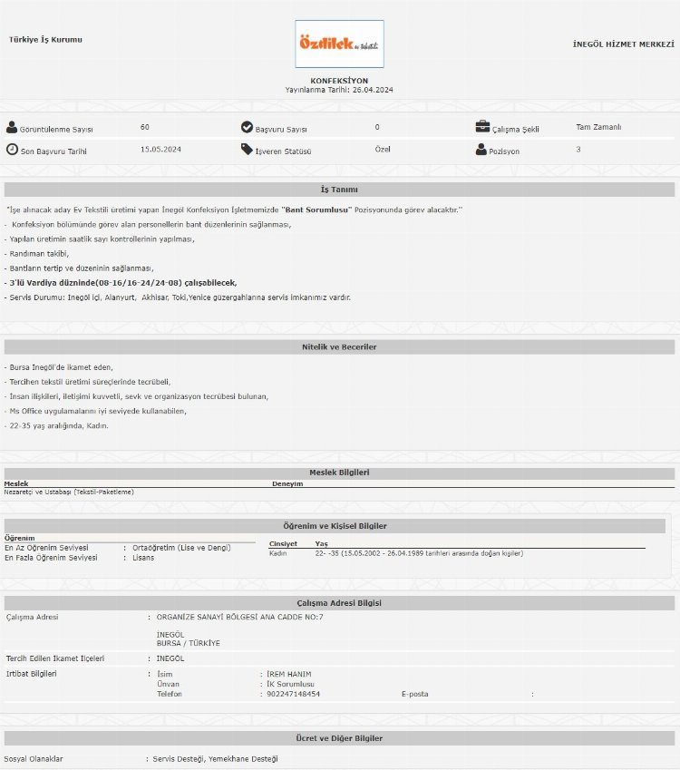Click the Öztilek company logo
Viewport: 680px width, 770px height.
pos(339,44)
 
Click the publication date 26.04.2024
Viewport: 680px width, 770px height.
pos(373,90)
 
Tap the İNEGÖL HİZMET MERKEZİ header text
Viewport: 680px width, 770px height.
pos(624,44)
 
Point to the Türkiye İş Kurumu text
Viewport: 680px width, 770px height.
pos(45,40)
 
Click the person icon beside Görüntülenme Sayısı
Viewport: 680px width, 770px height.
pos(12,128)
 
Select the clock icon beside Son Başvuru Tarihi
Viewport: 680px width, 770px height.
pos(12,150)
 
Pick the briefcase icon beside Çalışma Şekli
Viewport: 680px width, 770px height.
pos(483,128)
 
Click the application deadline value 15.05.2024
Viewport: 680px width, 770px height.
pos(160,149)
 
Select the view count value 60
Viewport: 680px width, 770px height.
pos(145,127)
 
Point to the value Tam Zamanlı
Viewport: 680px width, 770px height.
pos(598,127)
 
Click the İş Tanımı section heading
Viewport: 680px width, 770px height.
pos(339,190)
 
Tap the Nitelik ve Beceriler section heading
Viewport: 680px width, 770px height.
pos(339,347)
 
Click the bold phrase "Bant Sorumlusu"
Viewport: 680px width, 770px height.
pos(316,210)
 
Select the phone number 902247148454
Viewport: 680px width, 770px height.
pos(293,694)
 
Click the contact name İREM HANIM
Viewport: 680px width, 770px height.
pos(289,674)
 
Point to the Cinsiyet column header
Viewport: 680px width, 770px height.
pos(283,544)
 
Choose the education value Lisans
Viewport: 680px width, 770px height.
pos(143,558)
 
